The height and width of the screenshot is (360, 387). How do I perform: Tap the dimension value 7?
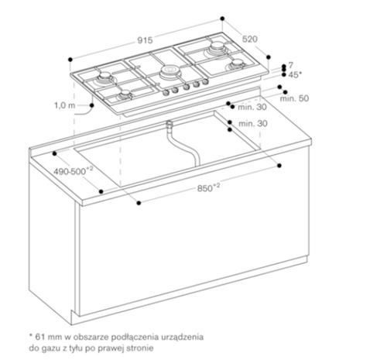(290, 66)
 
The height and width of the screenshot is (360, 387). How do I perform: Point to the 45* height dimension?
(295, 75)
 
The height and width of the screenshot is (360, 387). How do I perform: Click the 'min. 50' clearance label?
(294, 99)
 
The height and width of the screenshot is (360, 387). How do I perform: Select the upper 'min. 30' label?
(252, 107)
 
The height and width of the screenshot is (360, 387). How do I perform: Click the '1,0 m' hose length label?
(65, 104)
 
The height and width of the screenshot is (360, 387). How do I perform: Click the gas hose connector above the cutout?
(167, 124)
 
